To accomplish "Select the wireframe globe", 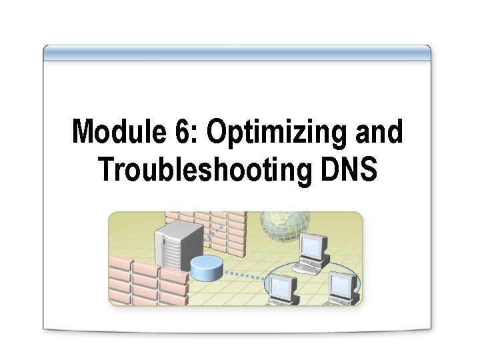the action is coord(285,225).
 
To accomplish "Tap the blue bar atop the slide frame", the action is coord(237,52).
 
